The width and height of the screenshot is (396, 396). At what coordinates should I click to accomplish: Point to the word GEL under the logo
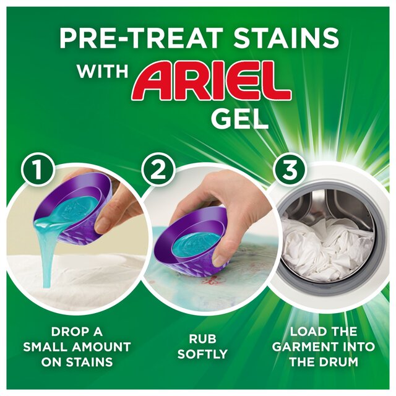pyautogui.click(x=240, y=117)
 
